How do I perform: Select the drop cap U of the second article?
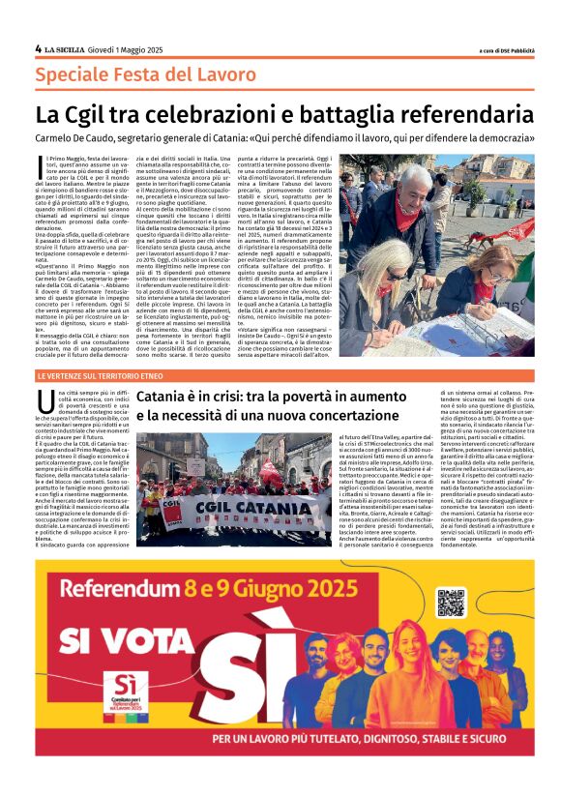44,400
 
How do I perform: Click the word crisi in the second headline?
221,398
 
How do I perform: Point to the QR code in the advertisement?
452,602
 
